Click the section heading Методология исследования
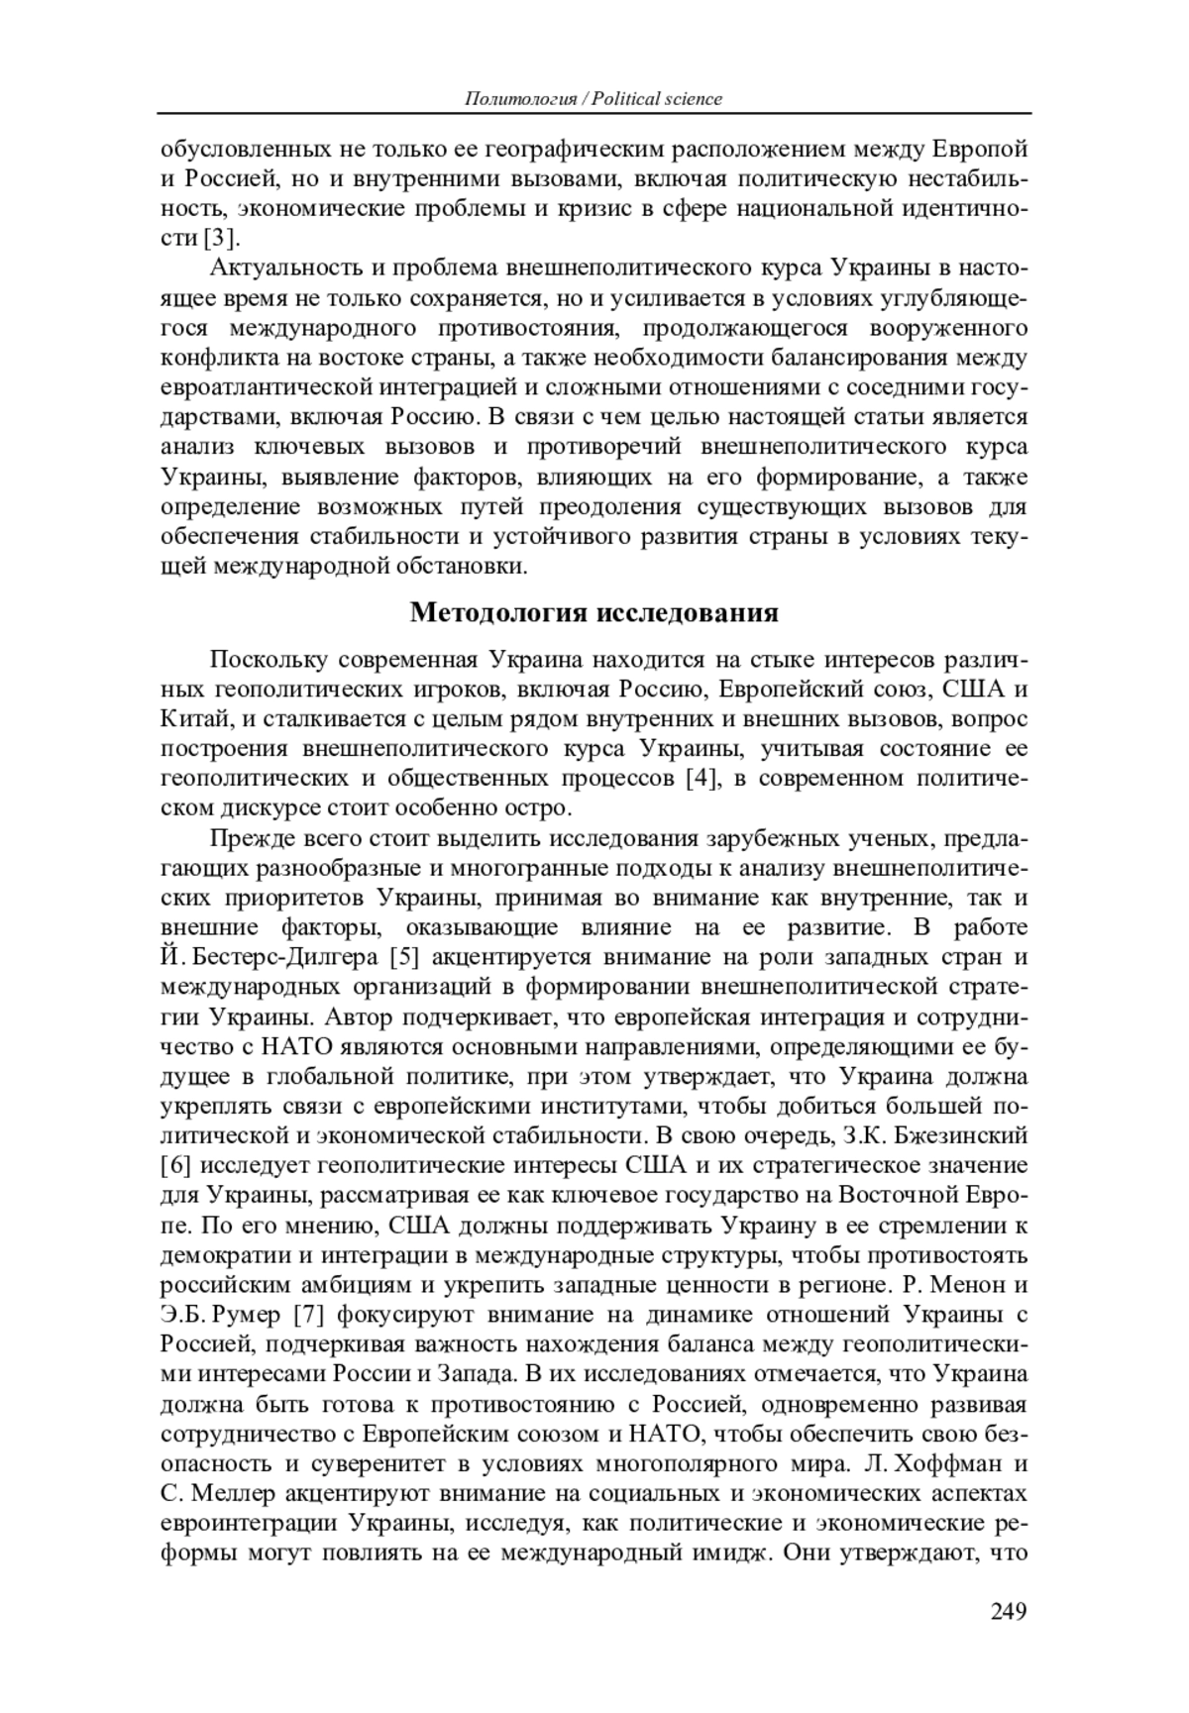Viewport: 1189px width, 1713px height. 594,612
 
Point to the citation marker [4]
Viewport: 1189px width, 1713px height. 702,778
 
